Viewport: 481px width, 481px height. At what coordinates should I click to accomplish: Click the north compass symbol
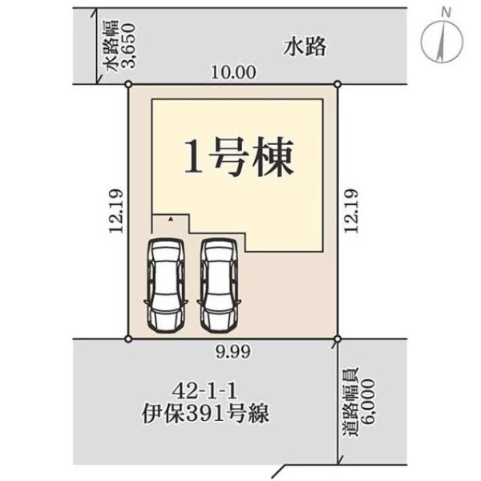442,41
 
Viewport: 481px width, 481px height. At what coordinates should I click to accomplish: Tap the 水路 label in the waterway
305,47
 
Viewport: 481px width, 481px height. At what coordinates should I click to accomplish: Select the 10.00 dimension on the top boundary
233,73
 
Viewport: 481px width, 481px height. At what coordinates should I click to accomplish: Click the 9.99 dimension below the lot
232,352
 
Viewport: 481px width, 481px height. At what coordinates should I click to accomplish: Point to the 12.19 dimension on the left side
116,211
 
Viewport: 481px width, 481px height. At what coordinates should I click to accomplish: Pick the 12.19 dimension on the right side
350,211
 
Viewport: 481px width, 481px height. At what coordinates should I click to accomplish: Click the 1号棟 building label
239,156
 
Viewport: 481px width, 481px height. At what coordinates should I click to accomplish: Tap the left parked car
166,285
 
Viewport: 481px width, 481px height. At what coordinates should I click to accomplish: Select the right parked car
219,285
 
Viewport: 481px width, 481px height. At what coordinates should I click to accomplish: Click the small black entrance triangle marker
172,219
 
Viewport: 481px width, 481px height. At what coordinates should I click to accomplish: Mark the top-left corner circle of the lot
128,84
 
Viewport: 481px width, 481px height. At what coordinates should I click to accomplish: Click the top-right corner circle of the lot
338,84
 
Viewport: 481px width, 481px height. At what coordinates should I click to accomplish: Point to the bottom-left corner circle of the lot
128,339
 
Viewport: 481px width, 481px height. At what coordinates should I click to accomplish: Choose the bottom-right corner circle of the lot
338,339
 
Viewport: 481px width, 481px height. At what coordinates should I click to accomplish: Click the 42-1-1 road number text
205,391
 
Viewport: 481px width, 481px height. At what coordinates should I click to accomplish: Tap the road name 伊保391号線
205,413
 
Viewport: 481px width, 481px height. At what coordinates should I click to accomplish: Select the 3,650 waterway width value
128,45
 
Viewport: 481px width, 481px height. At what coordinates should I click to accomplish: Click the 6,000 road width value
368,402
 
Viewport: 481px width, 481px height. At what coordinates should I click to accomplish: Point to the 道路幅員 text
350,402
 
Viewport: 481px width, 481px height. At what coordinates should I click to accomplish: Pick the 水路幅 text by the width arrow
111,46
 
